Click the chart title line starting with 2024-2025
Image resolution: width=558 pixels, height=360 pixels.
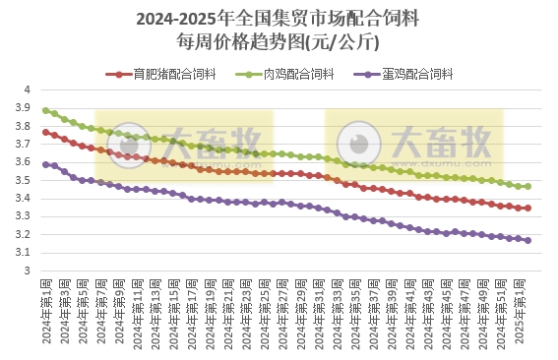coord(278,19)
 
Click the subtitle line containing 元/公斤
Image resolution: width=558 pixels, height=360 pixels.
coord(278,41)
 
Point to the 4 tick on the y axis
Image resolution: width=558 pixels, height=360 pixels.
coord(28,90)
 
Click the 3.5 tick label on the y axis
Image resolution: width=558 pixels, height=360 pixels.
coord(24,181)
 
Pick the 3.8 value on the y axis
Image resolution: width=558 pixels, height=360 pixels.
coord(24,127)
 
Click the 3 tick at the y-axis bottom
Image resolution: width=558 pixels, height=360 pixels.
coord(28,271)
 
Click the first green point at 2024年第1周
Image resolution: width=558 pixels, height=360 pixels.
coord(45,110)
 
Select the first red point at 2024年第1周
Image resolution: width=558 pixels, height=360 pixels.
coord(45,132)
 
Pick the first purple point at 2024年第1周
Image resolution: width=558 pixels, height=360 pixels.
coord(45,164)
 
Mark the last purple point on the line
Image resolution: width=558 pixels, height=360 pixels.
coord(528,240)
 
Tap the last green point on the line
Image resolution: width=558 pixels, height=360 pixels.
coord(528,186)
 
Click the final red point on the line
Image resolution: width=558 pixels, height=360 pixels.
coord(528,208)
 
